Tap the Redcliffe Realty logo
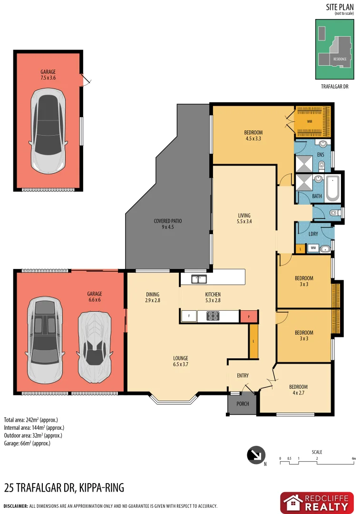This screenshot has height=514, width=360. click(317, 503)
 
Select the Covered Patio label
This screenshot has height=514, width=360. click(167, 224)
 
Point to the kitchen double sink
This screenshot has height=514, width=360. click(199, 279)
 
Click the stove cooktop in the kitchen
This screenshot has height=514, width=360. click(213, 316)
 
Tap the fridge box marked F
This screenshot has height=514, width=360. click(189, 316)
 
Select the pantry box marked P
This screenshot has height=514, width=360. click(248, 316)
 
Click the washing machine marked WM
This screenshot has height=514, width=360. click(313, 248)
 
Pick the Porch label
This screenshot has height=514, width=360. click(243, 404)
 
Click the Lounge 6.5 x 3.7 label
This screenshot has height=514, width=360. click(180, 361)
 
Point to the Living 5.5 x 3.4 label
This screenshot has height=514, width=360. click(243, 218)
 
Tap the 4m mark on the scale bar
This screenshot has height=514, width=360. click(353, 459)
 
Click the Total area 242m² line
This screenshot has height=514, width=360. click(31, 420)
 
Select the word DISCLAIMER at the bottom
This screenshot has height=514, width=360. click(15, 506)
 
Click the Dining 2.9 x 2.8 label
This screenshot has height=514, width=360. click(152, 297)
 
